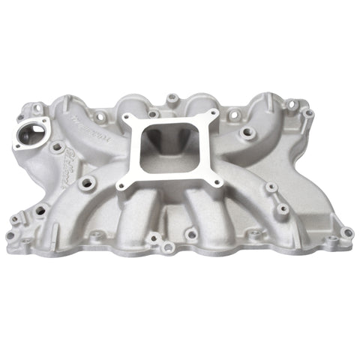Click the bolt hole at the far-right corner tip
(346, 233)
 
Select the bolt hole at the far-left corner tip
(10, 235)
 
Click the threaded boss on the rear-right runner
(247, 133)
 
